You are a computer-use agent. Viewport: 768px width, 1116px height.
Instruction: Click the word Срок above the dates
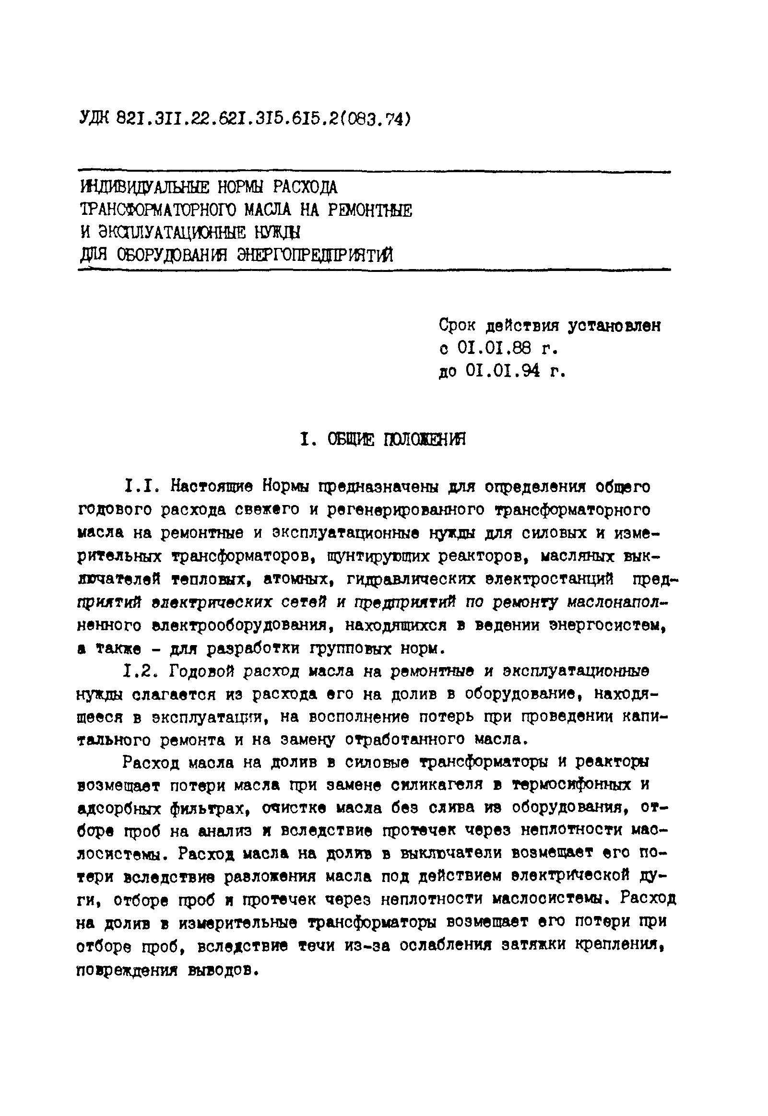tap(457, 326)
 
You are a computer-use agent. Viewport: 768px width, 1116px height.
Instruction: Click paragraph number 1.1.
tap(141, 487)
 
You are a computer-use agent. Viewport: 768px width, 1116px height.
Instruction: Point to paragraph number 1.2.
tap(141, 671)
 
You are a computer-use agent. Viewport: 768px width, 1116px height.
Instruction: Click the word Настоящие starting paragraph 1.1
tap(212, 487)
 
